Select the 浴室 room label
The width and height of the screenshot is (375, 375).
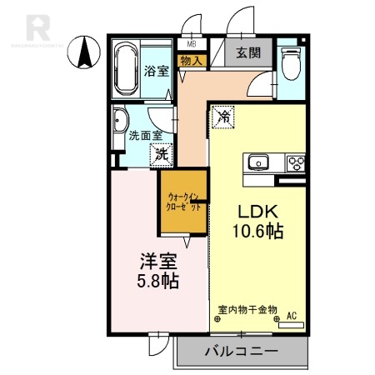[157, 72]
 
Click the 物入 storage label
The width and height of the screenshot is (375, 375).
[191, 61]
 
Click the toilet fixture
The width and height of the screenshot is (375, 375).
[290, 62]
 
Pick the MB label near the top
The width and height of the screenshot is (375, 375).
[192, 43]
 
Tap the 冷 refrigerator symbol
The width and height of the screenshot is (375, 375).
[222, 117]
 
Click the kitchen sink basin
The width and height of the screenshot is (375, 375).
[256, 162]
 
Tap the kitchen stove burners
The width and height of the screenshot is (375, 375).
[295, 162]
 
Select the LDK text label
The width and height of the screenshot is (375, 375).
[258, 212]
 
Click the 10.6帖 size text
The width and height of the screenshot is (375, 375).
[258, 232]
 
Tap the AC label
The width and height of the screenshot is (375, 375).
[291, 316]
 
